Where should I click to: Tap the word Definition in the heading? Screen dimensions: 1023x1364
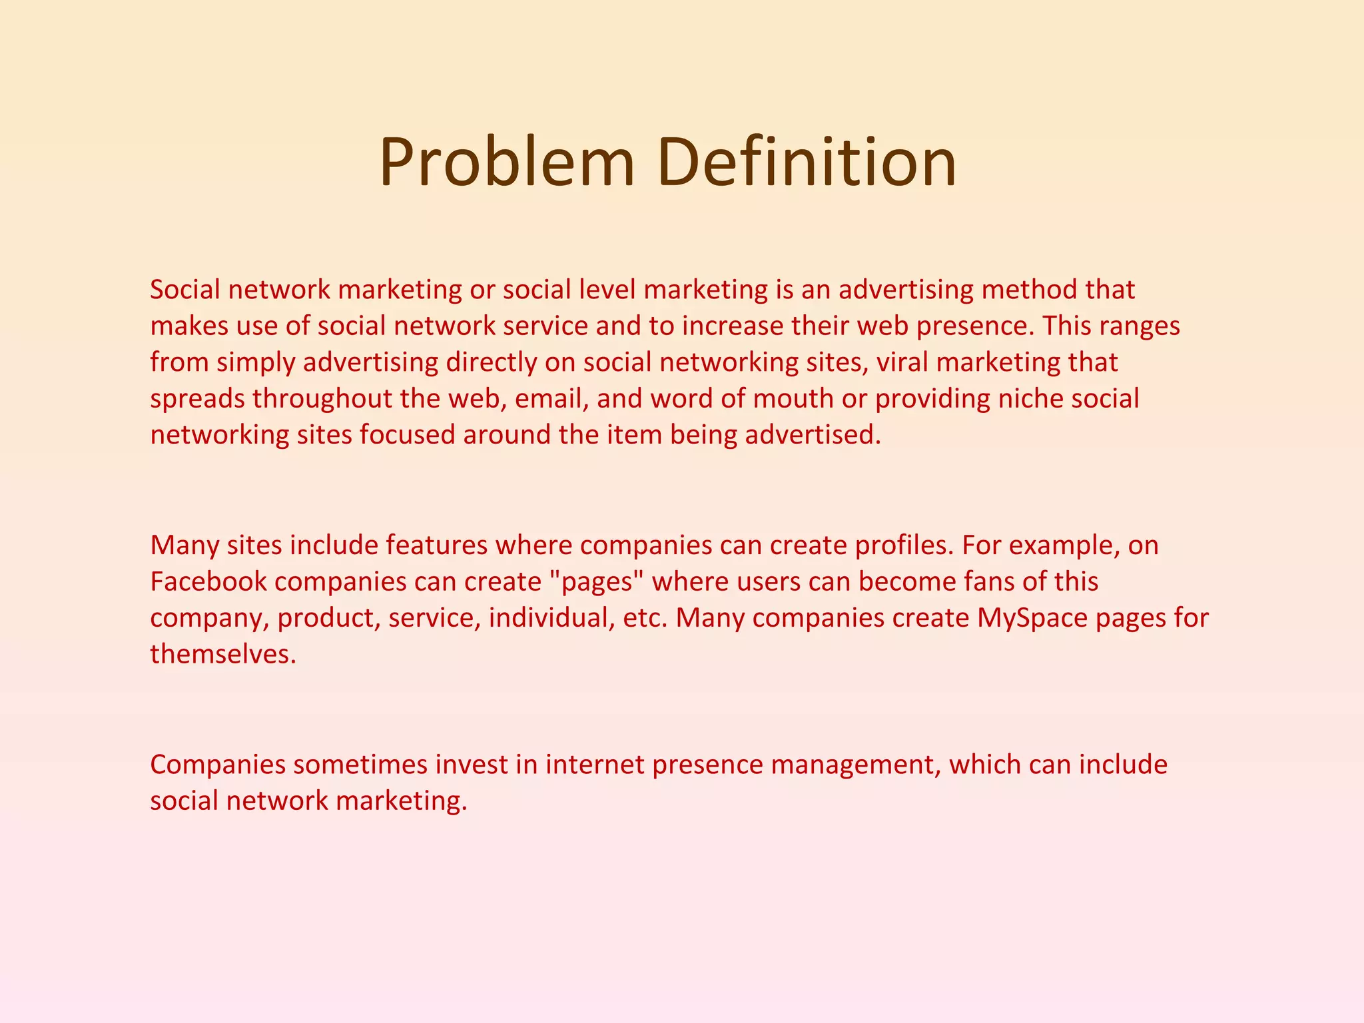[x=807, y=163]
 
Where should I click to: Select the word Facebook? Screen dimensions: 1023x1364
[x=208, y=581]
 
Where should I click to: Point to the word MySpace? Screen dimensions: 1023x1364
[x=1032, y=618]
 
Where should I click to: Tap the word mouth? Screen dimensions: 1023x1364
[x=793, y=398]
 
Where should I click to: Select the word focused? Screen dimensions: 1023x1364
[x=407, y=435]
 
